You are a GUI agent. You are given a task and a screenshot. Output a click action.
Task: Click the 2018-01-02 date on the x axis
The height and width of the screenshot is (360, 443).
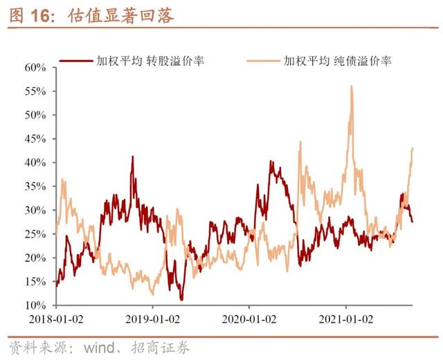(x=56, y=320)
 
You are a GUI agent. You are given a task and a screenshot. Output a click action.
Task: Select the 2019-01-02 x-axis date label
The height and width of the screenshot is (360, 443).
(x=152, y=320)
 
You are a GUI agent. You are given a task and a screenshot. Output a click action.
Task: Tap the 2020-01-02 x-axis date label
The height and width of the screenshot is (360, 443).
(x=249, y=320)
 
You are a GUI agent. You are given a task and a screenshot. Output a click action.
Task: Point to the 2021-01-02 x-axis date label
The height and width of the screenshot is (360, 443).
(x=346, y=320)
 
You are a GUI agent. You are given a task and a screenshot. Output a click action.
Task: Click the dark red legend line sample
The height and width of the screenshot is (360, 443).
(x=76, y=61)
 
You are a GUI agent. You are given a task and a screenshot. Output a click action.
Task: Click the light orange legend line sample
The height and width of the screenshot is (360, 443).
(x=264, y=61)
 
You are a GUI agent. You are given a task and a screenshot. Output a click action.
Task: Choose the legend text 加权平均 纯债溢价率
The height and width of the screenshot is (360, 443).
(x=338, y=61)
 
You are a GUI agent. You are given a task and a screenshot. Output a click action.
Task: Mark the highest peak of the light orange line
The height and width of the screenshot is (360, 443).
(x=352, y=86)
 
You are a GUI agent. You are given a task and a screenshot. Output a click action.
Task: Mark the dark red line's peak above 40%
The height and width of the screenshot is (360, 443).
(x=132, y=157)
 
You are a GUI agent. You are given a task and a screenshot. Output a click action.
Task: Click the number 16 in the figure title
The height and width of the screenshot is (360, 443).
(x=39, y=15)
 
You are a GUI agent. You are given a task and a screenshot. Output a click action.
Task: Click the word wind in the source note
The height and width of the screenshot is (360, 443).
(x=100, y=347)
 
